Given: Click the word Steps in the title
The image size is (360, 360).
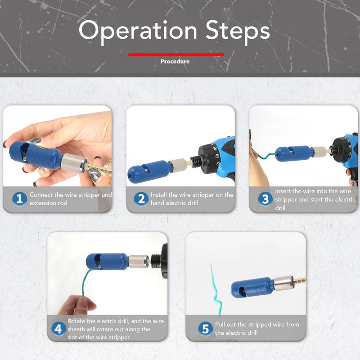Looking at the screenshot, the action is [x=238, y=31].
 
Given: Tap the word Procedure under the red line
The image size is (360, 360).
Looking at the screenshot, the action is [x=175, y=62].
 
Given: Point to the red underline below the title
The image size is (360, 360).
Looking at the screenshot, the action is [x=176, y=54].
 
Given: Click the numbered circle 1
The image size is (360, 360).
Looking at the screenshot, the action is [x=19, y=199].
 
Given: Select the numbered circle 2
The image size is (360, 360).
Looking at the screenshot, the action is [x=141, y=199].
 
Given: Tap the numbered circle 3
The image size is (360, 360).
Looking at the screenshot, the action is [x=265, y=199].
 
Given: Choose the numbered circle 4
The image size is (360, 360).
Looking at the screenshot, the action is [x=58, y=329].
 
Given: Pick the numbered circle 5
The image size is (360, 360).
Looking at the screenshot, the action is [x=205, y=329].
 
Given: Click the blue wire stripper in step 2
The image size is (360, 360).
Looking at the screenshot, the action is [x=149, y=171].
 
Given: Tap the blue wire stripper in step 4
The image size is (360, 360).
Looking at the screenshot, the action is [x=107, y=261].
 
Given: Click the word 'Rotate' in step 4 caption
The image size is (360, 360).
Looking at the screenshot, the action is [x=76, y=321].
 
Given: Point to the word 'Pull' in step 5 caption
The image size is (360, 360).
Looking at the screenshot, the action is [x=220, y=324].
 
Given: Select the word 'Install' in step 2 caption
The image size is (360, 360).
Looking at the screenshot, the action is [x=159, y=195].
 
